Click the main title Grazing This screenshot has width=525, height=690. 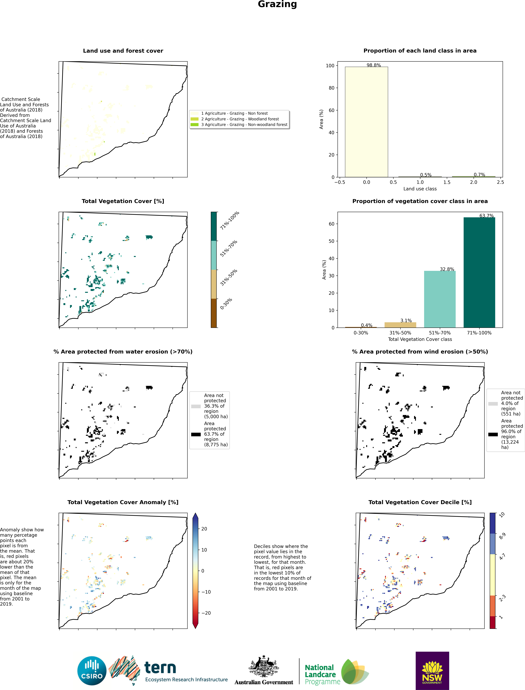[277, 4]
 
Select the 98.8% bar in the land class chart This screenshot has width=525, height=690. [366, 122]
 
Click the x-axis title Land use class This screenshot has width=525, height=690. [420, 189]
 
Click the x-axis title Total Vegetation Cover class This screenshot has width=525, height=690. [420, 339]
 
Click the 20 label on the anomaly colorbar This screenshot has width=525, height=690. [204, 529]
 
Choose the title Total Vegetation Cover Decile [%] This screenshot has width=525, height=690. [420, 502]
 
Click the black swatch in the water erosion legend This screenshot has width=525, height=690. [196, 434]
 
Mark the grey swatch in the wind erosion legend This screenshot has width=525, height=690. [493, 404]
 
